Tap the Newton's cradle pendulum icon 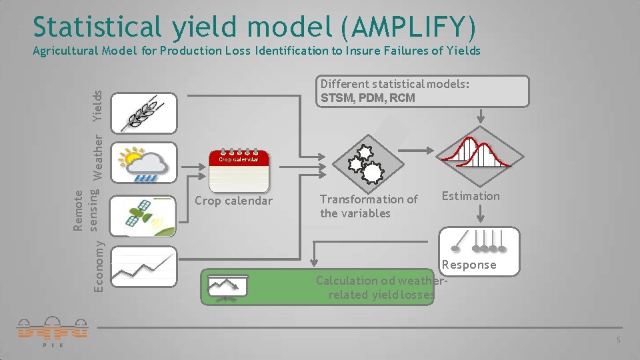(477, 241)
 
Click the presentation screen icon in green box (227, 286)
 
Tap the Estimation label (470, 196)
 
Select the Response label (469, 265)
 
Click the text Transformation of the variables (369, 206)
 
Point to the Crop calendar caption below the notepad (233, 201)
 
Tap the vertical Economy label (98, 265)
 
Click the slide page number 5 (618, 341)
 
